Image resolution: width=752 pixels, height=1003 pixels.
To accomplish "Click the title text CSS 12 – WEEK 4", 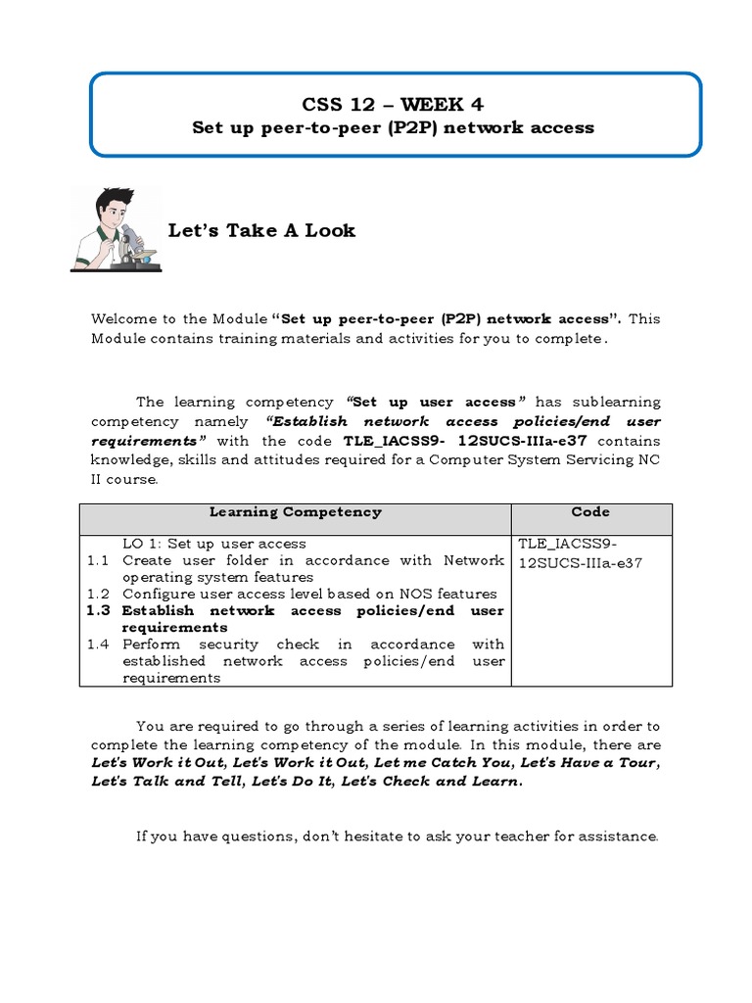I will tap(394, 104).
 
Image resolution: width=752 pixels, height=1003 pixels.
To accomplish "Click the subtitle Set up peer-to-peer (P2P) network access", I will tap(394, 127).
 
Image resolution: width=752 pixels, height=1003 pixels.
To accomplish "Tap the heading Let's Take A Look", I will tap(261, 230).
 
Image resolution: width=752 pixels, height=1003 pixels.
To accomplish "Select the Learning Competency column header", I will tap(295, 512).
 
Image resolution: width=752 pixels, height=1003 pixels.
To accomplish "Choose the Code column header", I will tap(590, 512).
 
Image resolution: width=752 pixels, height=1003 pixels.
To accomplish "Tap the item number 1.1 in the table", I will tap(95, 560).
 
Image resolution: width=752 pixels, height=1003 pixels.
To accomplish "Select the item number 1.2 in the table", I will tap(95, 594).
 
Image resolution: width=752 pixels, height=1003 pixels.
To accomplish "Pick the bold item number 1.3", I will tap(96, 610).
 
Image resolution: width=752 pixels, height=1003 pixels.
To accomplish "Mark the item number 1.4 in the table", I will tap(95, 645).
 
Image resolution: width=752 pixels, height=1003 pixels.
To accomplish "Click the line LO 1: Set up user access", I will tap(213, 543).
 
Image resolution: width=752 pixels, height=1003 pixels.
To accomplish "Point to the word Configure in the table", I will tap(157, 594).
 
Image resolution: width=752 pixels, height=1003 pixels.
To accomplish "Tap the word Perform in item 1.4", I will tap(152, 645).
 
